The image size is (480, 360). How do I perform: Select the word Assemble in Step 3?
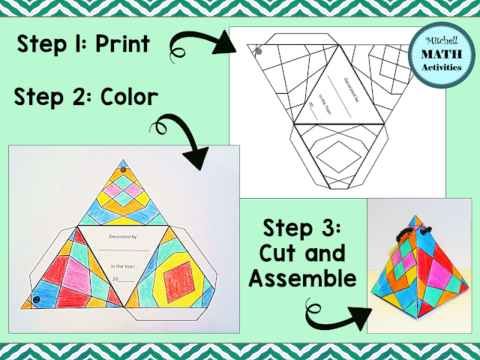point(302,278)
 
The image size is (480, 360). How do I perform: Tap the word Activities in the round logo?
point(439,70)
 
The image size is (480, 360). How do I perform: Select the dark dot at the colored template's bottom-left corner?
point(36,300)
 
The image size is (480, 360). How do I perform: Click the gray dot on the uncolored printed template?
point(257,52)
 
